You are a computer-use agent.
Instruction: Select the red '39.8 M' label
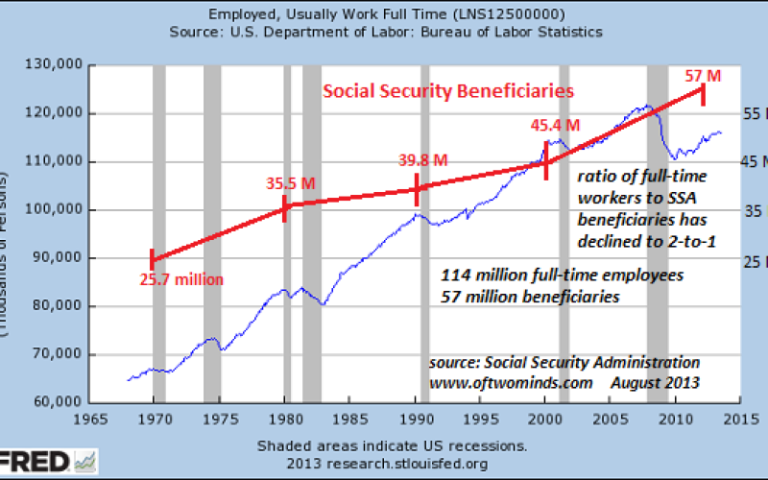(423, 160)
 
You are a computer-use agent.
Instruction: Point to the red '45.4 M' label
(556, 125)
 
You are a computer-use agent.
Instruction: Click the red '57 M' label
(703, 74)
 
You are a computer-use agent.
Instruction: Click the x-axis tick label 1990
(416, 420)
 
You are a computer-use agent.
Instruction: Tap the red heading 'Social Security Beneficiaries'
(447, 91)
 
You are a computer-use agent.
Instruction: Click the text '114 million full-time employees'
(563, 276)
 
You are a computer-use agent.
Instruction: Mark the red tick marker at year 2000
(546, 164)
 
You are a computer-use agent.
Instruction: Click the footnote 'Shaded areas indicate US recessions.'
(392, 446)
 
